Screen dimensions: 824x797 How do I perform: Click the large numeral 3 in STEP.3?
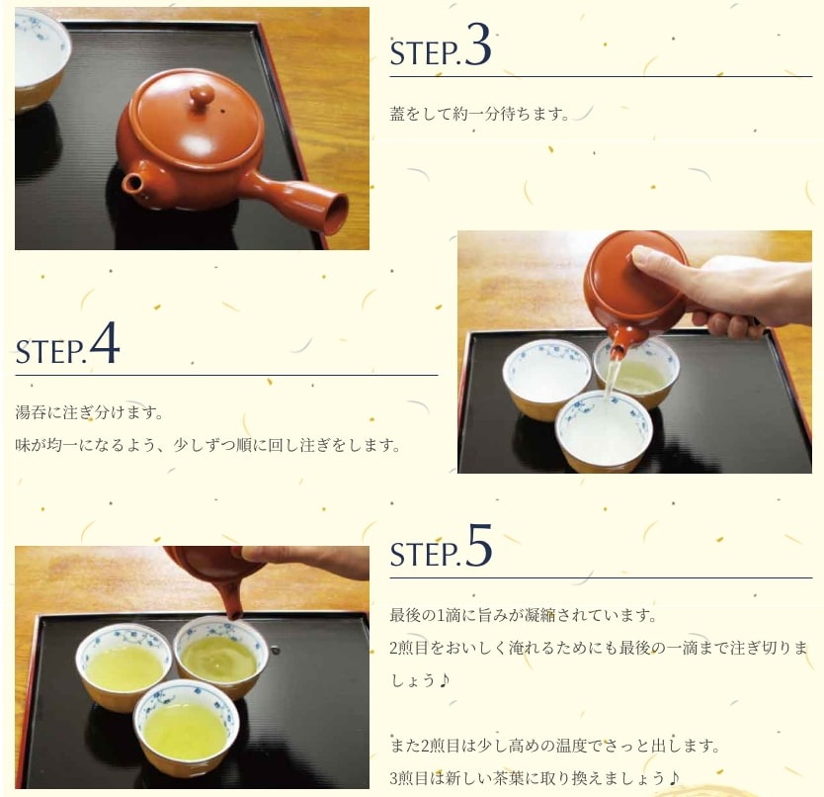click(x=477, y=45)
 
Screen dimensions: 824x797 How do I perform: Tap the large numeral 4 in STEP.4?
click(x=105, y=342)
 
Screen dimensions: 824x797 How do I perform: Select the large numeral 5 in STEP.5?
click(x=478, y=546)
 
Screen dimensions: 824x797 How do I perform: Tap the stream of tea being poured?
click(x=613, y=378)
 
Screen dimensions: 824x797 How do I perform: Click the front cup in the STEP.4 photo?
click(x=605, y=429)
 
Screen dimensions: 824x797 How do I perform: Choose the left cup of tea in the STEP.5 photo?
click(x=124, y=666)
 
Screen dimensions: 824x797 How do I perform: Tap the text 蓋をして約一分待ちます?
click(x=478, y=114)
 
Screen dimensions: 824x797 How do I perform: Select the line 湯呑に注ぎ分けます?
click(x=89, y=412)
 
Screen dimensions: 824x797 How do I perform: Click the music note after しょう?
click(x=444, y=679)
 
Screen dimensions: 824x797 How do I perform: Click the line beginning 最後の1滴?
click(x=523, y=614)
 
